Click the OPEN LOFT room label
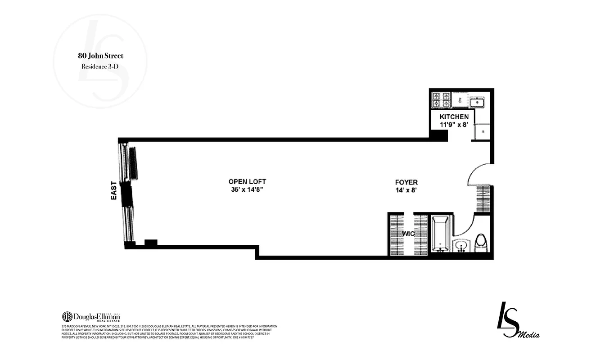pos(247,182)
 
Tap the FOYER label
pos(406,182)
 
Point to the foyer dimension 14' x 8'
pos(406,190)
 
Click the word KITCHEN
pos(454,117)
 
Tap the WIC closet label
pos(409,234)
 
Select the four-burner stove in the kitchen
pos(441,100)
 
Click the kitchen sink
pos(477,102)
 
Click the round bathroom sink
pos(461,246)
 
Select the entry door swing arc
pos(477,173)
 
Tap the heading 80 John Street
pos(99,56)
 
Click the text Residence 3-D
pos(99,66)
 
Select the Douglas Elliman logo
pos(91,316)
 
